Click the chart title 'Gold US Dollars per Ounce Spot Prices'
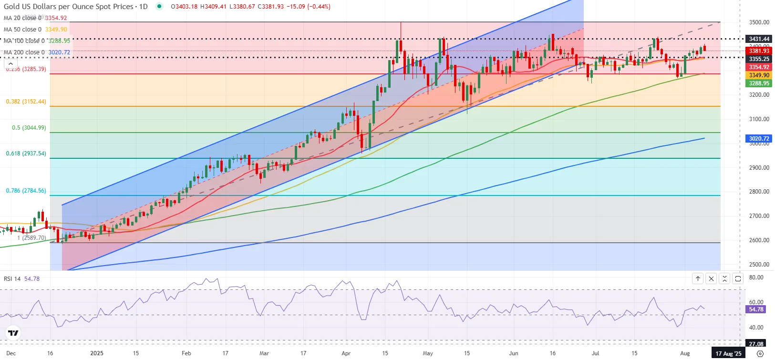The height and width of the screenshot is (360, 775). click(68, 7)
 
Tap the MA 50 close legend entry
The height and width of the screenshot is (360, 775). click(35, 30)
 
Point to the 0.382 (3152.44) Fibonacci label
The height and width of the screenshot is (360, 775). click(26, 102)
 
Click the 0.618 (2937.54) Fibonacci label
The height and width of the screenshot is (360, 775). click(26, 154)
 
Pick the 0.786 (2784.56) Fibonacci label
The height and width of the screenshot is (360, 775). click(26, 191)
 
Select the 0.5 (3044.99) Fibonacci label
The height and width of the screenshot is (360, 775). click(29, 128)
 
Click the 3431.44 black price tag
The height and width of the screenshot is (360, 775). click(759, 39)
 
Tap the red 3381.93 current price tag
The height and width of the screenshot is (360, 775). click(759, 51)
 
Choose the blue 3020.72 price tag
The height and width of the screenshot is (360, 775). click(759, 139)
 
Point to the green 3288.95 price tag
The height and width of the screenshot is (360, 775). click(759, 83)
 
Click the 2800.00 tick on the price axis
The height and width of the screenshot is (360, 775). click(759, 192)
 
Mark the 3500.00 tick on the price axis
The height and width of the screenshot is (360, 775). click(759, 22)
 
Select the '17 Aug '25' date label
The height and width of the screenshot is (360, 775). click(728, 353)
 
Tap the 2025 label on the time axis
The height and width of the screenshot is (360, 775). click(97, 353)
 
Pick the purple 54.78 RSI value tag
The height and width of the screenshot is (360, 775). click(756, 309)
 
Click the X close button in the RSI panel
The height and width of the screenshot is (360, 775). click(711, 278)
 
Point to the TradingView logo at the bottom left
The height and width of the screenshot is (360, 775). click(13, 333)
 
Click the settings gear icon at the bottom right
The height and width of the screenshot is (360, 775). click(760, 353)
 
